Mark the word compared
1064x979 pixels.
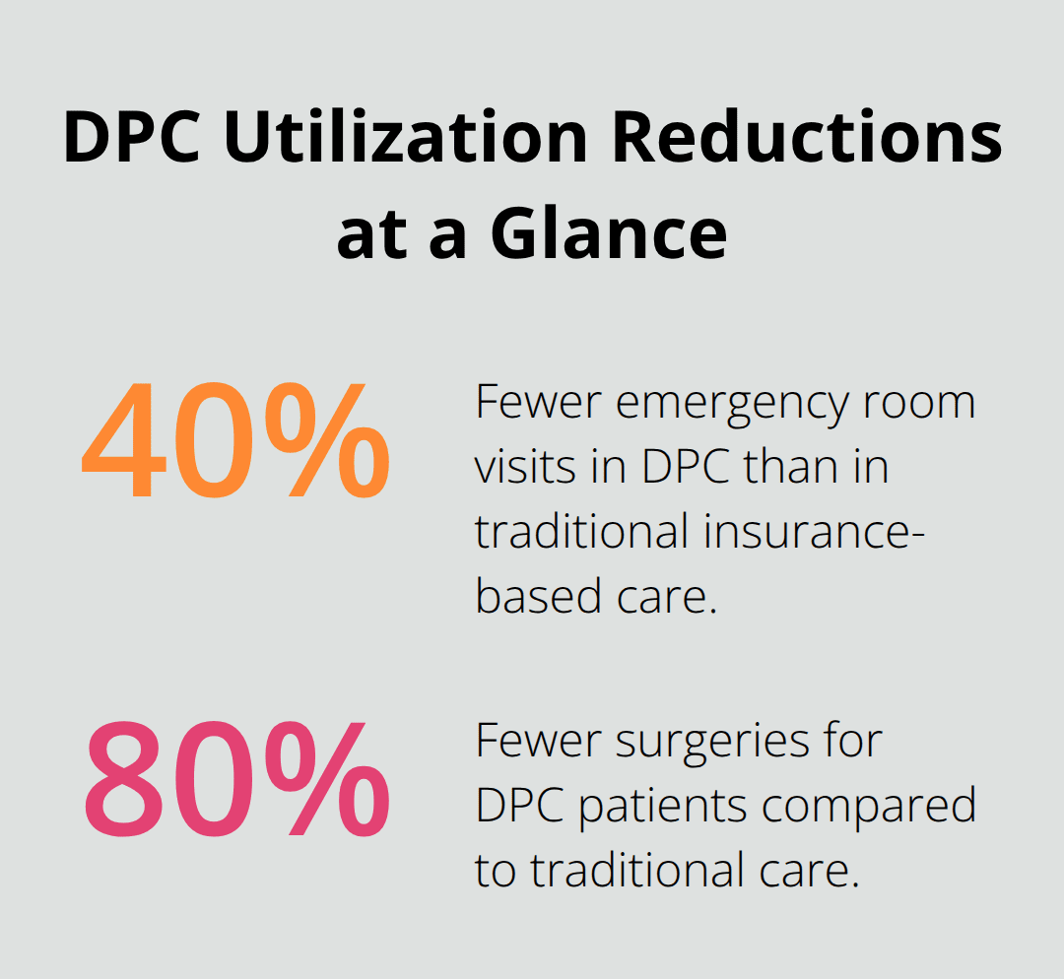click(x=868, y=806)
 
